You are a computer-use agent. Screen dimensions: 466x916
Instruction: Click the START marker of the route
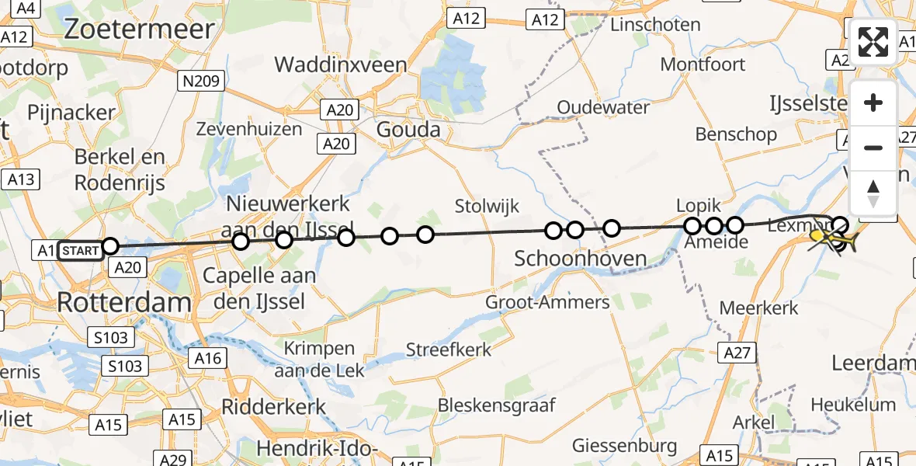[x=80, y=250]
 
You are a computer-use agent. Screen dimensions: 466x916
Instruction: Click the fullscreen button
[x=873, y=42]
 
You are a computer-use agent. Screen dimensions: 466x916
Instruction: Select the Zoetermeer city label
[x=139, y=30]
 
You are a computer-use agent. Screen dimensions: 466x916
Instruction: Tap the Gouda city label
[x=408, y=130]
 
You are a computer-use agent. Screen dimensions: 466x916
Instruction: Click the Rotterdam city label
[x=124, y=303]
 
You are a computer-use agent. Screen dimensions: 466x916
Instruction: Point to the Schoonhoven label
[x=581, y=259]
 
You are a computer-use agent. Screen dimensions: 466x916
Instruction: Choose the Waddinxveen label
[x=341, y=64]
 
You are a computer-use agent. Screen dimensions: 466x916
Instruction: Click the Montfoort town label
[x=703, y=64]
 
